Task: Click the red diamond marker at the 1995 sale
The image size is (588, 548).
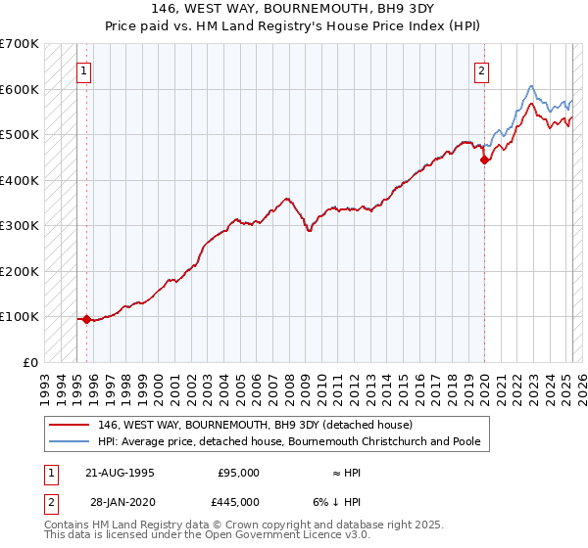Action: click(x=86, y=319)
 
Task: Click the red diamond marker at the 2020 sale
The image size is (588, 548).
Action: click(x=484, y=161)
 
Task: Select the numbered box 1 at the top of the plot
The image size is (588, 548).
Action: click(x=84, y=70)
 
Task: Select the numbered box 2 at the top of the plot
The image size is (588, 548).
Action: click(x=482, y=70)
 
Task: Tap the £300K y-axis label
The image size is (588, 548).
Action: click(x=19, y=225)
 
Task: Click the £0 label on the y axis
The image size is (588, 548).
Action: click(x=30, y=362)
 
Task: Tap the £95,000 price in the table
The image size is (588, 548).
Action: click(x=237, y=472)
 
